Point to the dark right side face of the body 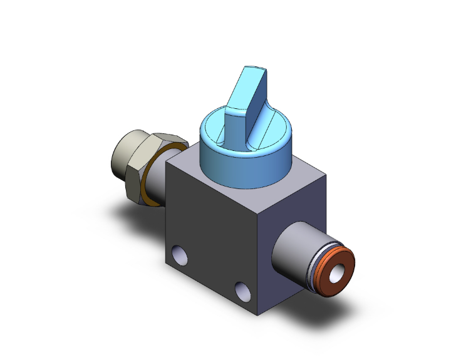[301, 207]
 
